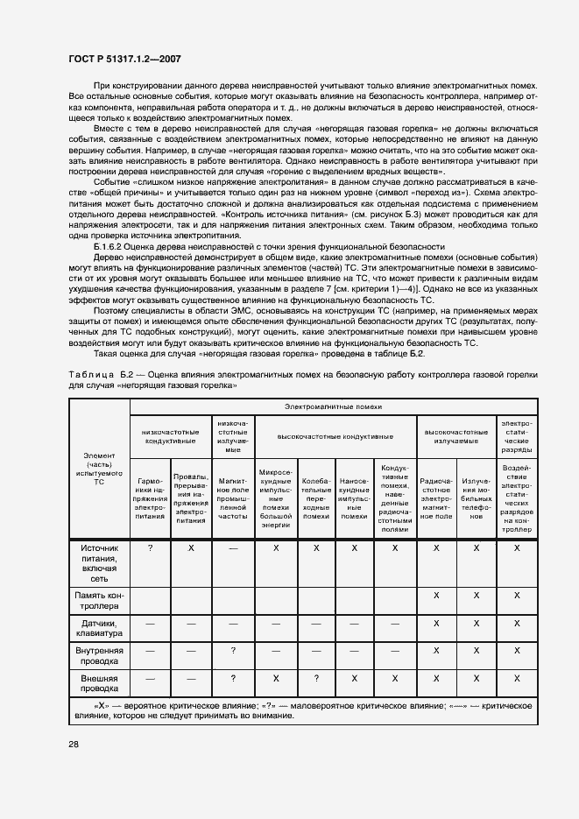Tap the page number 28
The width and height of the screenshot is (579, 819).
[74, 744]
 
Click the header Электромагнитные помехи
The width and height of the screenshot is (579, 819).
[333, 407]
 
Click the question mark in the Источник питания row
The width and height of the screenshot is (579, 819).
[151, 547]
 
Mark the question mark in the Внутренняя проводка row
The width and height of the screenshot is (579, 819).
[232, 651]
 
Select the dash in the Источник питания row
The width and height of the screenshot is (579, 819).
[232, 547]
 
